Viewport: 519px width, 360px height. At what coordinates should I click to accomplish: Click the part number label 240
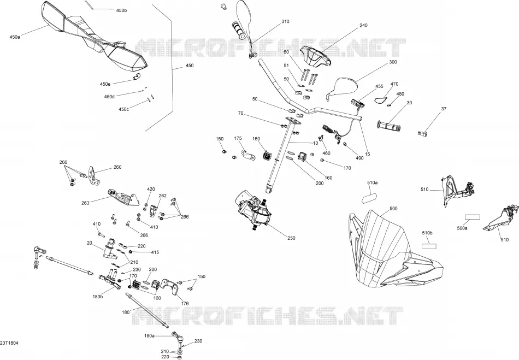point(363,25)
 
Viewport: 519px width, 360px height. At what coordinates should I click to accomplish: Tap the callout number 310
point(285,21)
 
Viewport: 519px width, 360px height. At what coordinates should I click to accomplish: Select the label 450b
point(121,10)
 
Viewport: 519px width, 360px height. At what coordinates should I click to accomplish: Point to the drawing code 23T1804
point(9,343)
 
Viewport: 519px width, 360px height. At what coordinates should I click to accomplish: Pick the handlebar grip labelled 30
point(388,126)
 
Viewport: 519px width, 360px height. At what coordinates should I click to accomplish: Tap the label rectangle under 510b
point(428,246)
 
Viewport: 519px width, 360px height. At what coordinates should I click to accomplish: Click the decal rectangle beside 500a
point(473,217)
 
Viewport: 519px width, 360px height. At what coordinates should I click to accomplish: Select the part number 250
point(291,238)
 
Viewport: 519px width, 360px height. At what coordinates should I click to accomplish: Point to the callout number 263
point(85,203)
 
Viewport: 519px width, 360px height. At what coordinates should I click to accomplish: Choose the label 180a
point(149,336)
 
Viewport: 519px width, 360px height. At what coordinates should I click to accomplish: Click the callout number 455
point(379,86)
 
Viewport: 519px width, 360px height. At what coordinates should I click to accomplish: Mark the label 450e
point(105,84)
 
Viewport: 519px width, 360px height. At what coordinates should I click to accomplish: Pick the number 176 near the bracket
point(185,303)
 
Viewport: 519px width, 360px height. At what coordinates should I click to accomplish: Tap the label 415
point(155,252)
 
